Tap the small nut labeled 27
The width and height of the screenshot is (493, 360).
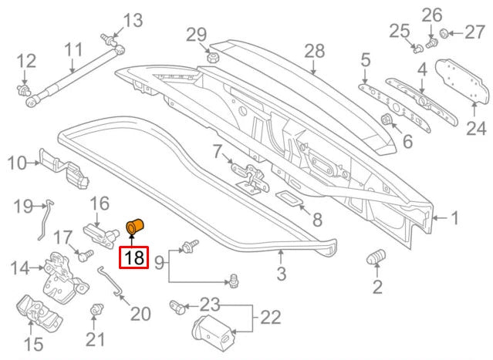pos(445,33)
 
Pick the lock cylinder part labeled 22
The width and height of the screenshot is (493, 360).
pos(215,329)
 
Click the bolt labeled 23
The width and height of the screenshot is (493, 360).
pos(177,307)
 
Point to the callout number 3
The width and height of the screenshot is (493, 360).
pos(281,272)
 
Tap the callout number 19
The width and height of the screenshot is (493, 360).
pos(22,206)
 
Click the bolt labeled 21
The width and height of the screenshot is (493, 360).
pos(96,311)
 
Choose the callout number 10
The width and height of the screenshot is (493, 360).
pos(16,163)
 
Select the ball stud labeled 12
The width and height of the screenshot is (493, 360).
pos(26,92)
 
